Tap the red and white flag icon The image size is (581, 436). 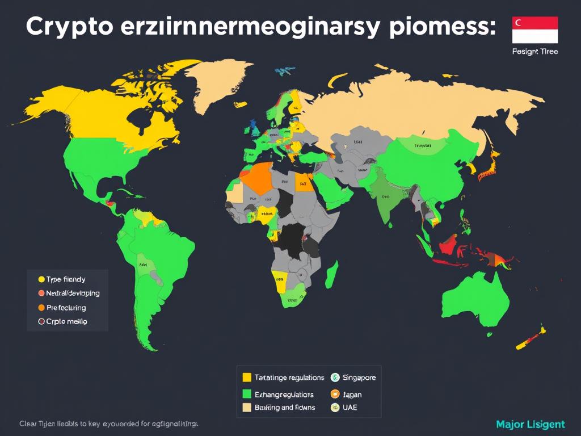click(535, 30)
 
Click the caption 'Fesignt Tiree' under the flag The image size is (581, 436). click(535, 52)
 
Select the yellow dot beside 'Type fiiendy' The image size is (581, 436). click(41, 279)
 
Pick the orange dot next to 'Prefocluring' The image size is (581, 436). click(41, 308)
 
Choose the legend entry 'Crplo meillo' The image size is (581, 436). click(66, 322)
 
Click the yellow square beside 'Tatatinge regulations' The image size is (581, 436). click(247, 378)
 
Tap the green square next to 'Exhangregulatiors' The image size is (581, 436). click(247, 394)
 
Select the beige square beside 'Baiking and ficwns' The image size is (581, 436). click(247, 407)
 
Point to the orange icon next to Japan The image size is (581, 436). click(334, 394)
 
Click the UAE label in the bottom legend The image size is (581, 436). click(351, 408)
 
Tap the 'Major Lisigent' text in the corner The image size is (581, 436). click(531, 424)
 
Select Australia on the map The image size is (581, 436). click(480, 301)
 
